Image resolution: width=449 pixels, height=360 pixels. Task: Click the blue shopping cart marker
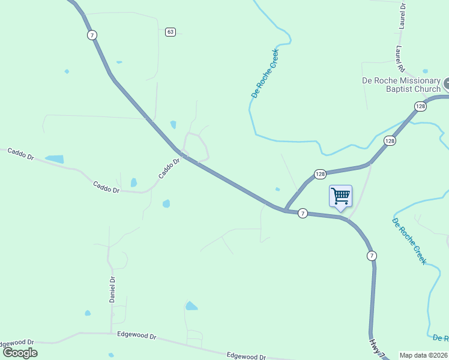click(340, 196)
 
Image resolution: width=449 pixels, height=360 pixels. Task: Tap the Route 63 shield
click(170, 32)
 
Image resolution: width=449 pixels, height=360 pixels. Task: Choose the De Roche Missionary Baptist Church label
click(401, 85)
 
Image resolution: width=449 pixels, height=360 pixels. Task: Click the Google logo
click(20, 353)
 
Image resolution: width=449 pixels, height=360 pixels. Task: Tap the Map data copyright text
click(423, 355)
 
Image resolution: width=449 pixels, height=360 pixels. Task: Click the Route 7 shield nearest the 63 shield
click(91, 35)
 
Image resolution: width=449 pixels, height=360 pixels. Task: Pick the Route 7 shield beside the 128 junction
click(303, 213)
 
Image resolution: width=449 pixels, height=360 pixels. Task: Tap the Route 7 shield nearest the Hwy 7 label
click(372, 256)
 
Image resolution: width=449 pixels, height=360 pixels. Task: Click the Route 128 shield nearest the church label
click(420, 106)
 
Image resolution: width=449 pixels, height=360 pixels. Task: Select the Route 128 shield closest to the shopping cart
click(319, 174)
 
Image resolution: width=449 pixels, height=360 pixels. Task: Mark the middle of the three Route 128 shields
click(390, 140)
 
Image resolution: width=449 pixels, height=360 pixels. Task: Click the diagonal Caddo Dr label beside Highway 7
click(169, 168)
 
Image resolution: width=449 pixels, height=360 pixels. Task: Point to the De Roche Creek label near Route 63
click(265, 74)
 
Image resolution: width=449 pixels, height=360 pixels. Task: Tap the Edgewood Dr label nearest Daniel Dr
click(136, 336)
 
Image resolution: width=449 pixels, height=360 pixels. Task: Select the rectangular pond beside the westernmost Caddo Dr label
click(54, 159)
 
